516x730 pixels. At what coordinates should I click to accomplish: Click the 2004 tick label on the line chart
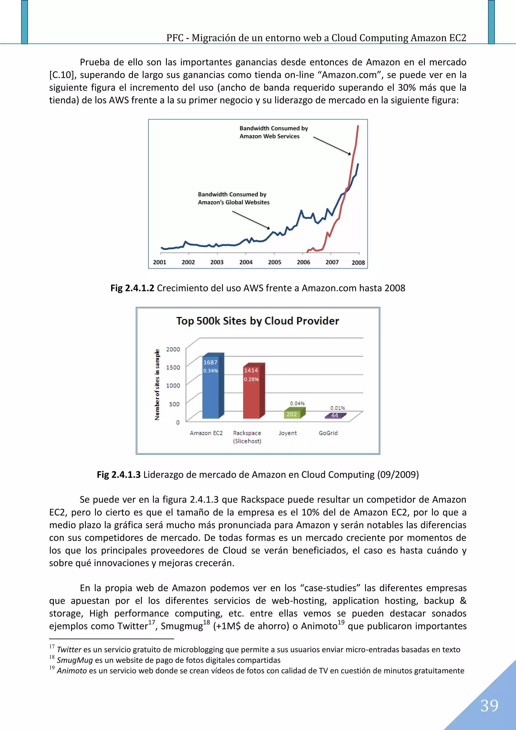[246, 262]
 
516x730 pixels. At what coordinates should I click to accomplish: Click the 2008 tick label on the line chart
[358, 263]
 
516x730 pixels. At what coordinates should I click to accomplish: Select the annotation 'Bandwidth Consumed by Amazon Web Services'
[273, 132]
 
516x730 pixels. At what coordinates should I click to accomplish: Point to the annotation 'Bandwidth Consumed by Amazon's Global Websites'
[233, 198]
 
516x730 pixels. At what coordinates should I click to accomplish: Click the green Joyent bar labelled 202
[292, 414]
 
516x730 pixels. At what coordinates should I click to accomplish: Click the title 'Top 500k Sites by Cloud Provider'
[257, 321]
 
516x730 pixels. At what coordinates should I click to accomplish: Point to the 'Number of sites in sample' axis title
[157, 385]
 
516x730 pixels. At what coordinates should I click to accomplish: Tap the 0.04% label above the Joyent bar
[297, 403]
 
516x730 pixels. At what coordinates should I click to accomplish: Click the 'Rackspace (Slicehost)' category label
[247, 437]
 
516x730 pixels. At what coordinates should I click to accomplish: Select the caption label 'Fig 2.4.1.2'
[132, 288]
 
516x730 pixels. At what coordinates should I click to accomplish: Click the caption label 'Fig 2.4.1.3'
[119, 475]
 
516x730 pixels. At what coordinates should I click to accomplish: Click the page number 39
[489, 706]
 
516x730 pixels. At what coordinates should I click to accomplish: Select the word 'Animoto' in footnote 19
[72, 671]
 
